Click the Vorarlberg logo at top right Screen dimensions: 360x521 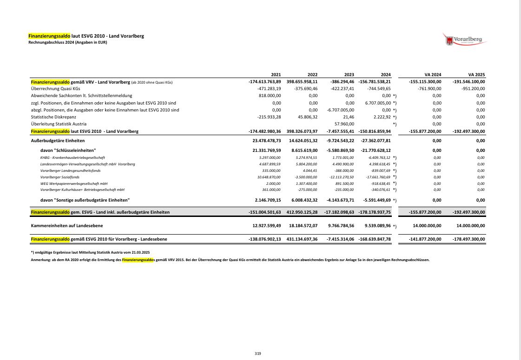[465, 39]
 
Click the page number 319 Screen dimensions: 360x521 [258, 353]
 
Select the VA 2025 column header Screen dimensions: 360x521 [476, 75]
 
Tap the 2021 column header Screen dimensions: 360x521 [276, 75]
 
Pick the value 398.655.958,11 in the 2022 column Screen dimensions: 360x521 [302, 82]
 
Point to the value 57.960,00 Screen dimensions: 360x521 [344, 124]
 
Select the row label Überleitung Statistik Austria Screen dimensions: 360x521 [62, 124]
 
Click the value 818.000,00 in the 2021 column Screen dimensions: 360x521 [269, 96]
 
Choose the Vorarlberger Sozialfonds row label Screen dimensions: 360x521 [60, 177]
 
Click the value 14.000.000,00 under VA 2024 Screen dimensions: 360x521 [427, 226]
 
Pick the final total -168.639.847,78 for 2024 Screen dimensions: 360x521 [375, 239]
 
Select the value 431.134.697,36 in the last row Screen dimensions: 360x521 [302, 239]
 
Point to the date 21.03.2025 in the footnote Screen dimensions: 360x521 [139, 252]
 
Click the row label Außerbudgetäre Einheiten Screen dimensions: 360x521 [58, 140]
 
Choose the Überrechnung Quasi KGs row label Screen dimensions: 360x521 [55, 89]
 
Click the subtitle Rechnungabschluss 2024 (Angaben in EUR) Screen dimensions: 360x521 [68, 42]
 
